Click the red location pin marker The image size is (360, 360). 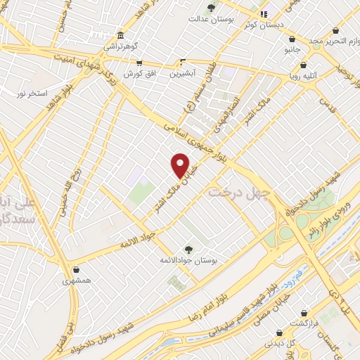[181, 165]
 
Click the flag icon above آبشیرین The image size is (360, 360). [183, 62]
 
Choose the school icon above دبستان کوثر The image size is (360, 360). [264, 14]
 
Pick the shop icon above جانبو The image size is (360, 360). [293, 41]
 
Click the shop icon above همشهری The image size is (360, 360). [76, 269]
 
